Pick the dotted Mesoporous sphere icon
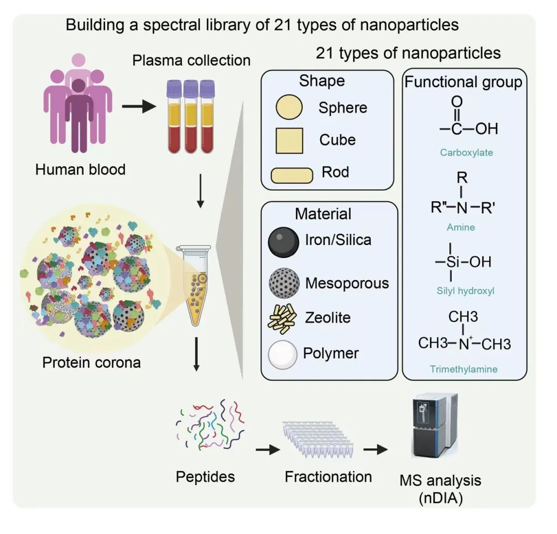pos(283,283)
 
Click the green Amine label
pos(461,227)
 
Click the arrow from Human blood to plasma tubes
pos(138,107)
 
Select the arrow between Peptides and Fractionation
pos(268,450)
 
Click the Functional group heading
pos(463,82)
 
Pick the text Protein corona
pos(91,362)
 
